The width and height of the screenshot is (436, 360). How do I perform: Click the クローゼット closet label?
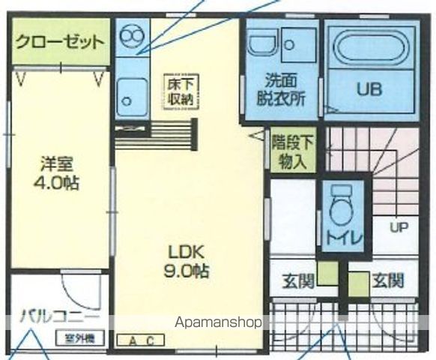59,41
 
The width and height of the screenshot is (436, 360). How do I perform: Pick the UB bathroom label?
369,88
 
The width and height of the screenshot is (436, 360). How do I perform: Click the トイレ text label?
344,239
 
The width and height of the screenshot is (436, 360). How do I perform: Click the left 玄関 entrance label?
297,282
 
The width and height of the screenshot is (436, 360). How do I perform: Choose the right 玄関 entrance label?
388,282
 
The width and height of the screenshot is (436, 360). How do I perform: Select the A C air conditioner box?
141,341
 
